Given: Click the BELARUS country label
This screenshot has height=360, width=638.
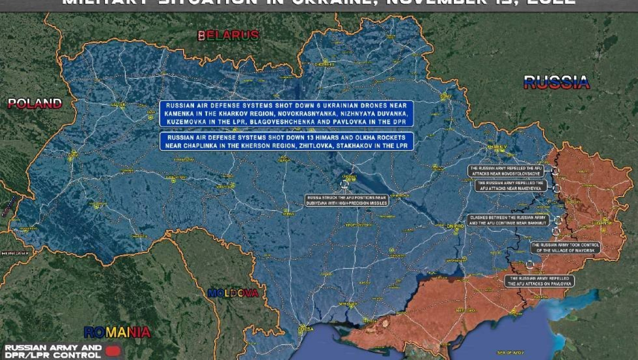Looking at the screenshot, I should pyautogui.click(x=228, y=36).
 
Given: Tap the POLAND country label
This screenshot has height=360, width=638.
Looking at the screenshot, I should pyautogui.click(x=35, y=104).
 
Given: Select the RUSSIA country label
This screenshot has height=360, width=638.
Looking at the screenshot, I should pyautogui.click(x=556, y=82).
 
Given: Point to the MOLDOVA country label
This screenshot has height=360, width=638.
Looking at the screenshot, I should pyautogui.click(x=233, y=293).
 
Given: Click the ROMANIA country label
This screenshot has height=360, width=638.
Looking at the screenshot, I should pyautogui.click(x=117, y=332).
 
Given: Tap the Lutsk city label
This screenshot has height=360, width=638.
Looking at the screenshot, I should pyautogui.click(x=118, y=104).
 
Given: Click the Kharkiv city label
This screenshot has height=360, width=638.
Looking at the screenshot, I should pyautogui.click(x=497, y=147).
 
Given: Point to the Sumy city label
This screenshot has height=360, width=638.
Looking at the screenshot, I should pyautogui.click(x=445, y=97).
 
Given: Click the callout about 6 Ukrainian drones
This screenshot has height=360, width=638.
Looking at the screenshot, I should pyautogui.click(x=286, y=113).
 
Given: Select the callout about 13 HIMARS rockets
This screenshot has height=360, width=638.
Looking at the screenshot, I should pyautogui.click(x=286, y=141).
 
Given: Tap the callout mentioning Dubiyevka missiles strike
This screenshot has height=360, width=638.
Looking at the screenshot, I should pyautogui.click(x=347, y=201).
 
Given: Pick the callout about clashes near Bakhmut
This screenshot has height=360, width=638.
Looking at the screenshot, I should pyautogui.click(x=509, y=221).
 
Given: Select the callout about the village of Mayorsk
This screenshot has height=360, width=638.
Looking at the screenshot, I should pyautogui.click(x=565, y=247).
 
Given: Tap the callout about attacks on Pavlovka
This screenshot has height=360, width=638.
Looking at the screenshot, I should pyautogui.click(x=540, y=281).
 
